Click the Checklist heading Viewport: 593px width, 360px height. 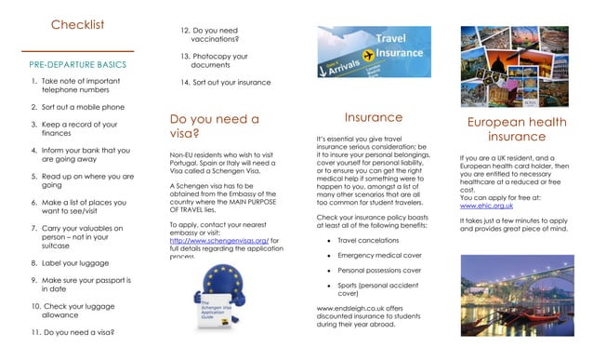[77, 25]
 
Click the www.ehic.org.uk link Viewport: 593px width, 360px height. [488, 205]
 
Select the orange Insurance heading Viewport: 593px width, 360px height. [374, 118]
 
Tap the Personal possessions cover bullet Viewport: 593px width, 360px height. [379, 270]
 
